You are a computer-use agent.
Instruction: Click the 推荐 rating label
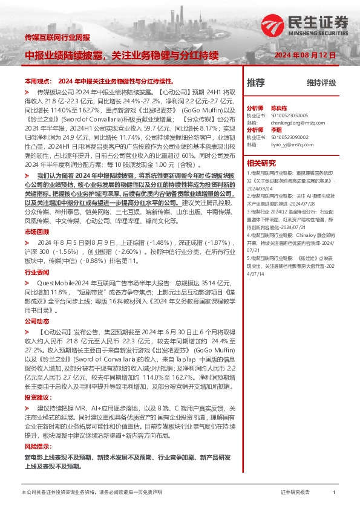point(256,82)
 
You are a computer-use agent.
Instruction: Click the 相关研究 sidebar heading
point(261,163)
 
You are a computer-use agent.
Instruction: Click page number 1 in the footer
point(334,493)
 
